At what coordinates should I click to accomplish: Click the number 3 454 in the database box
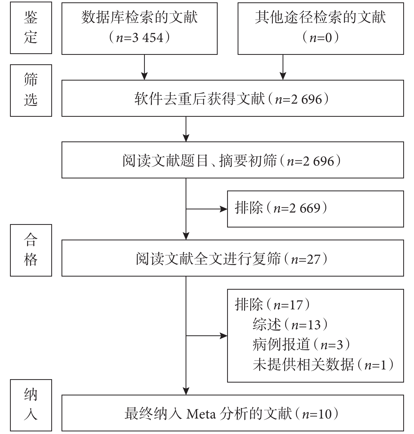pyautogui.click(x=148, y=38)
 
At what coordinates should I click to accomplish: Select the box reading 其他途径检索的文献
pyautogui.click(x=321, y=29)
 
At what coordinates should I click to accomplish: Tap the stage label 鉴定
pyautogui.click(x=31, y=28)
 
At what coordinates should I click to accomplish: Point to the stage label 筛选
pyautogui.click(x=31, y=90)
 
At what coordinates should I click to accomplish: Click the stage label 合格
pyautogui.click(x=31, y=250)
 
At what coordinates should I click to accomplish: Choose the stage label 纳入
pyautogui.click(x=31, y=405)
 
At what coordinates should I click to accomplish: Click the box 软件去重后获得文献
pyautogui.click(x=233, y=98)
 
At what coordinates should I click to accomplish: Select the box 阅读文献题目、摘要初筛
pyautogui.click(x=233, y=160)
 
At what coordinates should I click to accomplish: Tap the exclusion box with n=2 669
pyautogui.click(x=315, y=209)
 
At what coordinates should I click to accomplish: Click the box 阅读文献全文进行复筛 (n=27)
pyautogui.click(x=233, y=258)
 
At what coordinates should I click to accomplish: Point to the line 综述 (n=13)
pyautogui.click(x=290, y=324)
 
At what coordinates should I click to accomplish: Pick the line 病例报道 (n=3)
pyautogui.click(x=301, y=344)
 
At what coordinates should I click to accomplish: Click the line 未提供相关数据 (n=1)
pyautogui.click(x=323, y=364)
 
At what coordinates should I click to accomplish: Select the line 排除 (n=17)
pyautogui.click(x=272, y=304)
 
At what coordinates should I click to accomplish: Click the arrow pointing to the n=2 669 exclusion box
pyautogui.click(x=207, y=209)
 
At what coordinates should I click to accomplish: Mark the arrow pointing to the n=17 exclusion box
pyautogui.click(x=207, y=336)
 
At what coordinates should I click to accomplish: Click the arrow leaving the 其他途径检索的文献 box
pyautogui.click(x=283, y=67)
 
